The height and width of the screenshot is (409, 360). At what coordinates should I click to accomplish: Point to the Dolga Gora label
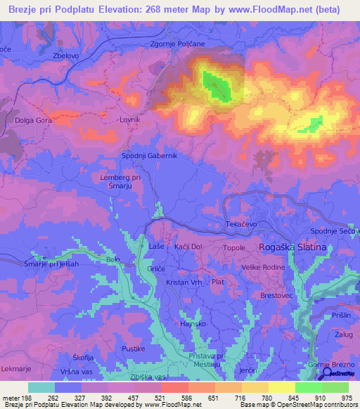point(34,120)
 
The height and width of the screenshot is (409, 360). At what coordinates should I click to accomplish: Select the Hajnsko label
point(193,324)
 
